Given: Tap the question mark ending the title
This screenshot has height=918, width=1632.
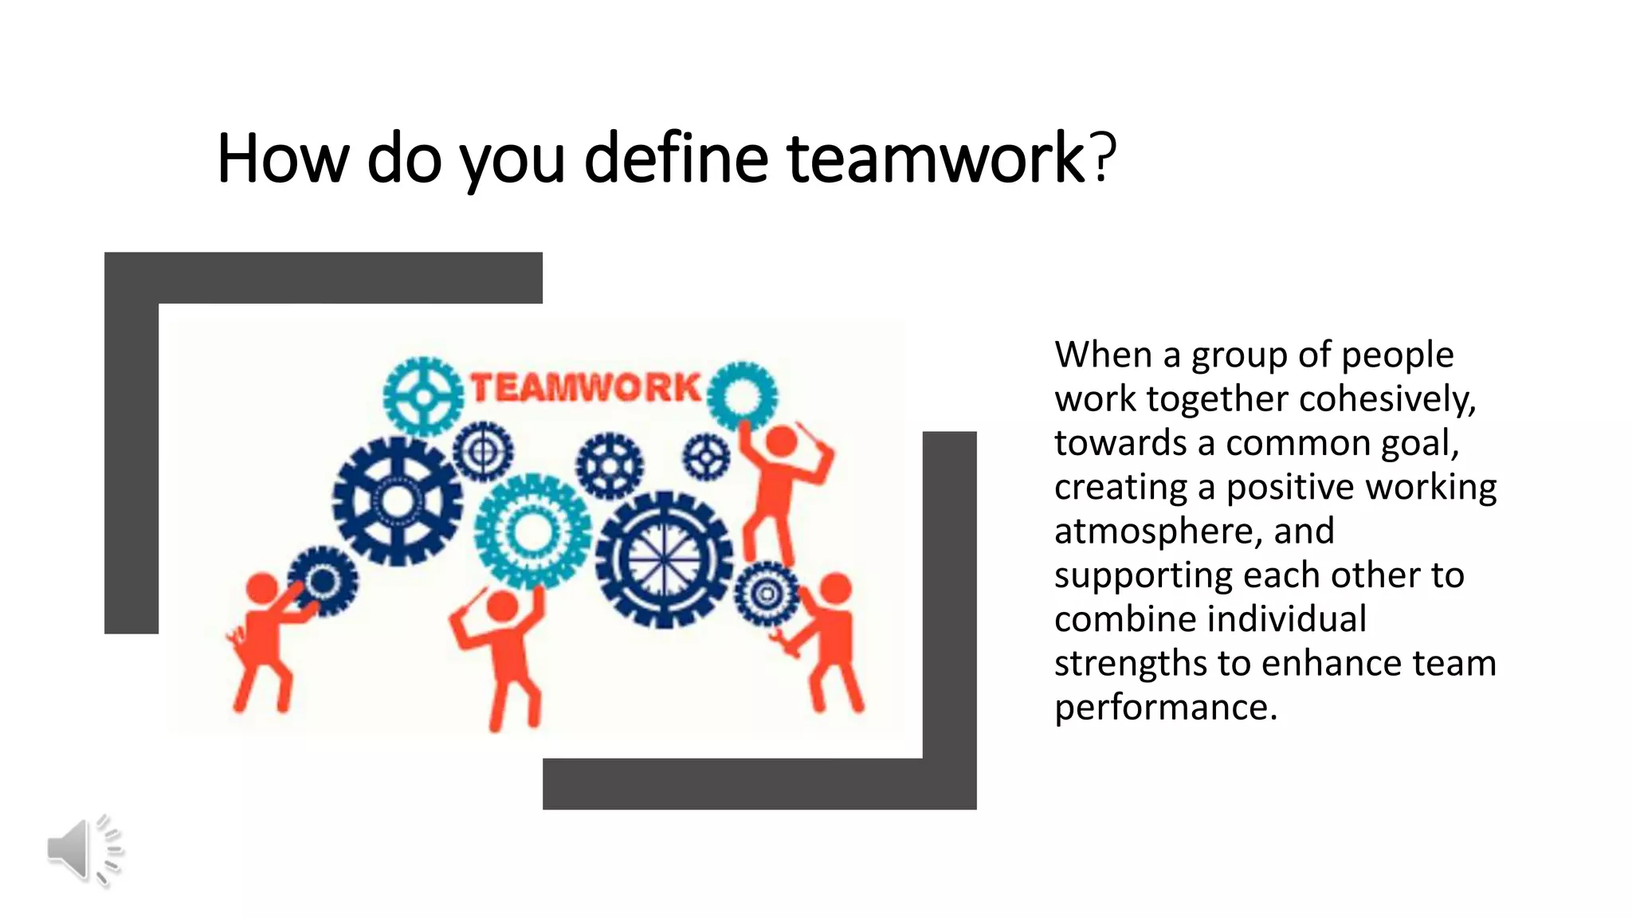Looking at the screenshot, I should pos(1104,156).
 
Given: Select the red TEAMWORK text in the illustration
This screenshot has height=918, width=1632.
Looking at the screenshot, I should pos(586,388).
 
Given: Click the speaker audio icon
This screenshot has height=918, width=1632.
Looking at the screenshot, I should pos(84,849).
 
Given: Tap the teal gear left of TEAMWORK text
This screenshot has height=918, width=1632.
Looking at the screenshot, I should pos(422,396).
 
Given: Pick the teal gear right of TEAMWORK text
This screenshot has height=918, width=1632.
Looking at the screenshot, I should pos(742,395).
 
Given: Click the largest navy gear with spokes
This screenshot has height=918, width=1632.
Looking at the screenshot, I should pos(664,559).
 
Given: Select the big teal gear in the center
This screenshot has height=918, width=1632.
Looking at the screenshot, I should pos(532,532).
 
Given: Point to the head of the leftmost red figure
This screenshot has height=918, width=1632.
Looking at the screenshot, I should pos(261,588).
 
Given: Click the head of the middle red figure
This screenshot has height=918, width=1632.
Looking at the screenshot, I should pos(502,606).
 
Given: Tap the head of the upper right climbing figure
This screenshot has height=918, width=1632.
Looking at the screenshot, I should pos(781,441).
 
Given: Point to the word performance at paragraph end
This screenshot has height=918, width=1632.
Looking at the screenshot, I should pos(1165,708).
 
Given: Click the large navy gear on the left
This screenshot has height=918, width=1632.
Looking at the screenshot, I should pos(397,501).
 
